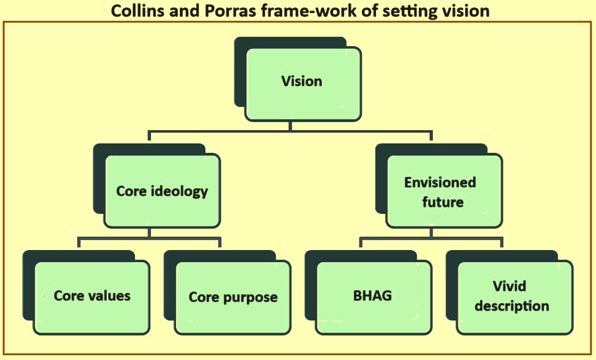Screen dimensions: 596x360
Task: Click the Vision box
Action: (x=303, y=84)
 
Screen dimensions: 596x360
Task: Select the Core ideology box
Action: (x=163, y=191)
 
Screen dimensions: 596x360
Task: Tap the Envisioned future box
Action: (x=444, y=191)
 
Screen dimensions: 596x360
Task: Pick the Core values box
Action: (x=92, y=298)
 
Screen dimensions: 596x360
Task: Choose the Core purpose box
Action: (x=233, y=298)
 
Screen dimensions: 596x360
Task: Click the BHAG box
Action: (x=373, y=298)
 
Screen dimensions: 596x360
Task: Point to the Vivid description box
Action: (x=515, y=298)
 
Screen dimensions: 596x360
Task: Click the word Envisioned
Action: (x=440, y=183)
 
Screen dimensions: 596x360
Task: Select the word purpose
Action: (x=250, y=298)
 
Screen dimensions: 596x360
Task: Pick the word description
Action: (x=512, y=306)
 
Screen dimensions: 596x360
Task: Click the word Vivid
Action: (x=509, y=286)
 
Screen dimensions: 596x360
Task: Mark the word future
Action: (x=443, y=202)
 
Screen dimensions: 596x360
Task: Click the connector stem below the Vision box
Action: (x=290, y=126)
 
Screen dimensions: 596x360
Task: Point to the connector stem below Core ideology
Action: (x=149, y=233)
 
